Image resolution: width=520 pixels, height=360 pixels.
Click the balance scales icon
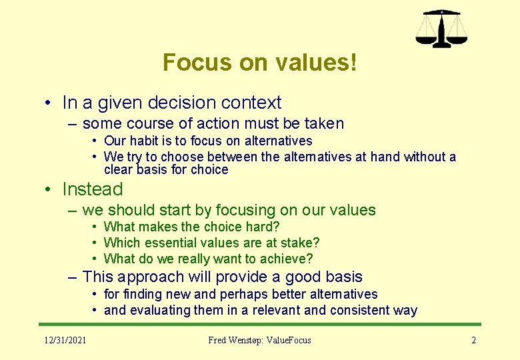coord(441,29)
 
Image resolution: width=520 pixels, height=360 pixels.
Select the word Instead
coord(93,189)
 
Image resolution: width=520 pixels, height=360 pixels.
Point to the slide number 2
coord(473,340)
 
